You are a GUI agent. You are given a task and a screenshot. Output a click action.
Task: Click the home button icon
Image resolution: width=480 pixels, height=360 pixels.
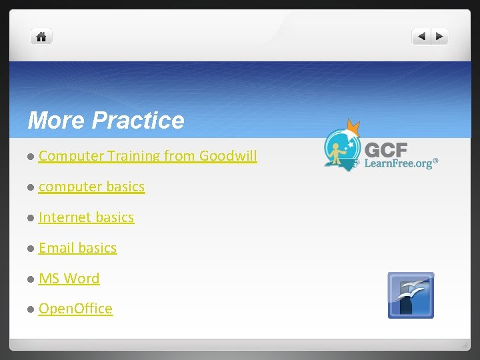tap(41, 37)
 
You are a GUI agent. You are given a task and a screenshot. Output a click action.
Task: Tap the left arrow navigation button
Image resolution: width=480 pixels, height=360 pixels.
tap(421, 37)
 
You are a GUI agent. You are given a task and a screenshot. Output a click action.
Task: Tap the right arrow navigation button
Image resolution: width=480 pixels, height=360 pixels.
tap(439, 37)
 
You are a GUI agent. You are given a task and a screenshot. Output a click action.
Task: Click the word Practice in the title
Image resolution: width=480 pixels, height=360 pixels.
tap(138, 121)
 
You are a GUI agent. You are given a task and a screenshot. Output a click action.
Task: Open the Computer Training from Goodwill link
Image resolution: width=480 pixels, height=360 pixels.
tap(147, 156)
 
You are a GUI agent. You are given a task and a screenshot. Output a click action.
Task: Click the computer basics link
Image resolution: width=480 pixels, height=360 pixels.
tap(91, 187)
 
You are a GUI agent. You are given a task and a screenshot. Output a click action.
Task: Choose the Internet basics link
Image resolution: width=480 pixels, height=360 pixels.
tap(86, 217)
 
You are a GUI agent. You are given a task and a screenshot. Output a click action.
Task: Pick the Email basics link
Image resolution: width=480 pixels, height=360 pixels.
tap(77, 248)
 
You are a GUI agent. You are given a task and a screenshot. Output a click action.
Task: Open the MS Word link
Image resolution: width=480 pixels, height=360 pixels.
tap(69, 279)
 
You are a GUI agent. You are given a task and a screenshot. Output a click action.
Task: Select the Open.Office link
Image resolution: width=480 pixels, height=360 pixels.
tap(75, 309)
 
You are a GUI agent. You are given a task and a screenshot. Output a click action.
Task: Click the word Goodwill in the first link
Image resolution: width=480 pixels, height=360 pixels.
tap(227, 156)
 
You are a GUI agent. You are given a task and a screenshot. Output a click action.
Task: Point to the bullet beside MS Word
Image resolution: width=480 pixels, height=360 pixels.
tap(31, 279)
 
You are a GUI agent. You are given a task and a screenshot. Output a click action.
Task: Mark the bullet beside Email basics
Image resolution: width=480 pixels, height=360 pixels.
tap(31, 249)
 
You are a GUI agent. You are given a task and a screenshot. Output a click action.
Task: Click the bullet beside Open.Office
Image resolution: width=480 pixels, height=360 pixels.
tap(31, 309)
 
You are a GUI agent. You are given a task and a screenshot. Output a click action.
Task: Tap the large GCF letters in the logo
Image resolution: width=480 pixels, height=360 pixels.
tap(386, 148)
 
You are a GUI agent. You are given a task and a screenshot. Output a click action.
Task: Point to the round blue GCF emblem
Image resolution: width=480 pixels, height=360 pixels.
tap(343, 148)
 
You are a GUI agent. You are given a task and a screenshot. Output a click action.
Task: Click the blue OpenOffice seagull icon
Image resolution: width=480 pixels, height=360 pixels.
tap(411, 295)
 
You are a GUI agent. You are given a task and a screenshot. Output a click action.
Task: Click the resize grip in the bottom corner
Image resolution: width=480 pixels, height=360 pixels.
tap(465, 345)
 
